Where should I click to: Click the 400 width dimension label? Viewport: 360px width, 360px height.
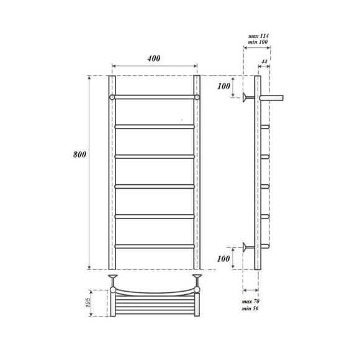point(154,58)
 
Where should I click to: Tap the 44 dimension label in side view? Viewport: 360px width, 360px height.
point(264,62)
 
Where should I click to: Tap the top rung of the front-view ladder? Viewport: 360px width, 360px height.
point(154,97)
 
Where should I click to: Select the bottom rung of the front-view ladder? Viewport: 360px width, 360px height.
point(154,246)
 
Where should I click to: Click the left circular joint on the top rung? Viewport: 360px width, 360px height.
point(112,97)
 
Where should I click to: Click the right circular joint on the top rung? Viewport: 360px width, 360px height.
point(197,97)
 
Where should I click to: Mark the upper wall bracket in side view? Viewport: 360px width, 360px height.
point(248,97)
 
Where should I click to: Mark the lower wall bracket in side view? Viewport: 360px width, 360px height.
point(248,246)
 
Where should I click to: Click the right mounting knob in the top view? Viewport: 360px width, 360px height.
point(197,277)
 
